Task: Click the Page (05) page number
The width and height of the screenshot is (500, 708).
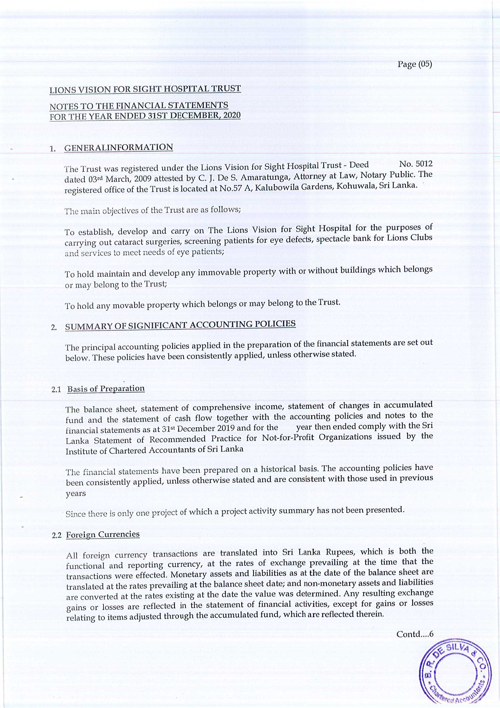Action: pos(415,64)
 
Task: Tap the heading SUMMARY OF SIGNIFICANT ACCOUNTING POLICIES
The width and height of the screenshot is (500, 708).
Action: pos(180,325)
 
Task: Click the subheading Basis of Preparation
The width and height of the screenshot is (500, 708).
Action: pos(106,388)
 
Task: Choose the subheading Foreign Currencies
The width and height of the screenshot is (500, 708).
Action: pos(103,534)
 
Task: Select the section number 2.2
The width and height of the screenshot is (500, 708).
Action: pos(58,535)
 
